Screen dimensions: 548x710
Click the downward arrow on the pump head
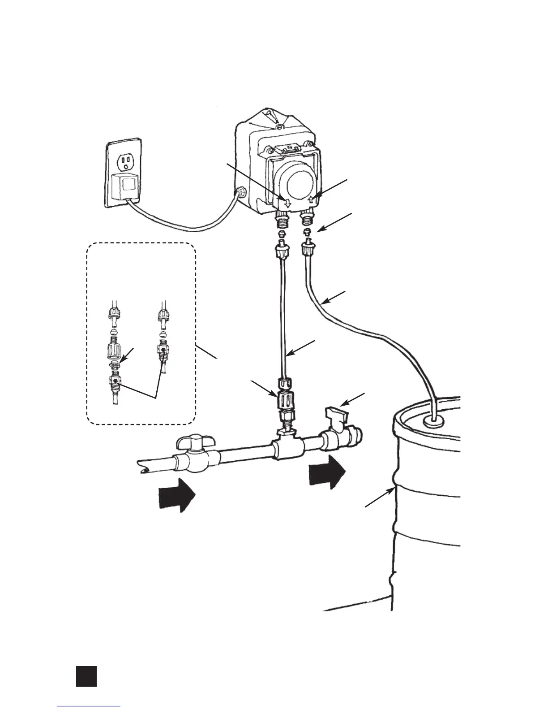(x=288, y=203)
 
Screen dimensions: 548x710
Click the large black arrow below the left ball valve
(x=177, y=494)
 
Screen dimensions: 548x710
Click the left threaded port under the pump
(x=283, y=221)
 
